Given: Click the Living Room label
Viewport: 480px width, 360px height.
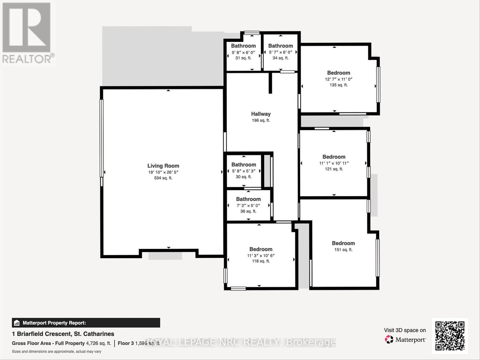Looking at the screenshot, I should point(163,166).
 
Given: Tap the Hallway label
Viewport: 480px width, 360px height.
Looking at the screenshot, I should point(261,114).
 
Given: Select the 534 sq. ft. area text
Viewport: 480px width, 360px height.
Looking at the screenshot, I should point(163,178).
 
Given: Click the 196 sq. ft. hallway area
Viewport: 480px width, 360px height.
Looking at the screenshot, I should point(261,120).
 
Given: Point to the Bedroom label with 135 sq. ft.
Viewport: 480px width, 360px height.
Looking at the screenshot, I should point(338,73).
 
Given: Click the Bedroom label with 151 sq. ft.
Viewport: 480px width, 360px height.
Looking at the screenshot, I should point(343,243).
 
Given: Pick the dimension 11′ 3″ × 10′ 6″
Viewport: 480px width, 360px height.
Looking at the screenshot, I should point(261,256).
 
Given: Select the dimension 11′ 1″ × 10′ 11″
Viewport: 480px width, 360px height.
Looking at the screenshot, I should point(334,163).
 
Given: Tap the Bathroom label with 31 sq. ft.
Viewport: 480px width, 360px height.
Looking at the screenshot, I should point(243,46).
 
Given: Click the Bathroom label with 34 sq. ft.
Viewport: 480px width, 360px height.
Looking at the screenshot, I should point(280,46).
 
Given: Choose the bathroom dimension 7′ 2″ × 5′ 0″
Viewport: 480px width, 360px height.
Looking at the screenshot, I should point(248,205).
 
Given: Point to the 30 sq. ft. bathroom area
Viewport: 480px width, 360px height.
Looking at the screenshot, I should point(244,177).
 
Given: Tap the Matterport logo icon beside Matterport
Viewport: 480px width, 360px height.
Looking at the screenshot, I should point(389,340).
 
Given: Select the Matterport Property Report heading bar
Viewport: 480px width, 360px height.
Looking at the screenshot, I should point(86,323).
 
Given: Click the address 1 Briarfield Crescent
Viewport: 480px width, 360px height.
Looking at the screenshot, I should point(63,334).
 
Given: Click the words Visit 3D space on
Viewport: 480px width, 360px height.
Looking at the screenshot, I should point(405,330).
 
